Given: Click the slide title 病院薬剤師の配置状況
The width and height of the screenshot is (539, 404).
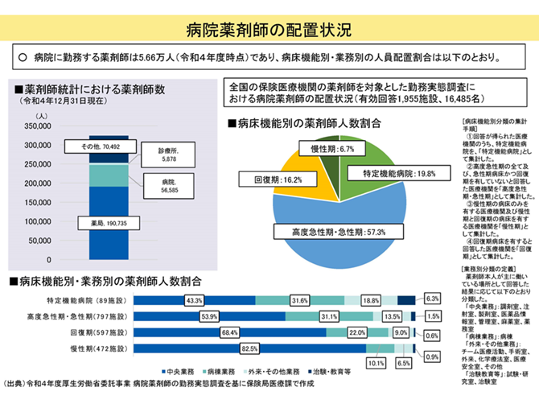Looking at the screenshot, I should tap(269, 31).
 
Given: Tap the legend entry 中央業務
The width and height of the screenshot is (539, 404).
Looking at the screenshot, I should tap(179, 373).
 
